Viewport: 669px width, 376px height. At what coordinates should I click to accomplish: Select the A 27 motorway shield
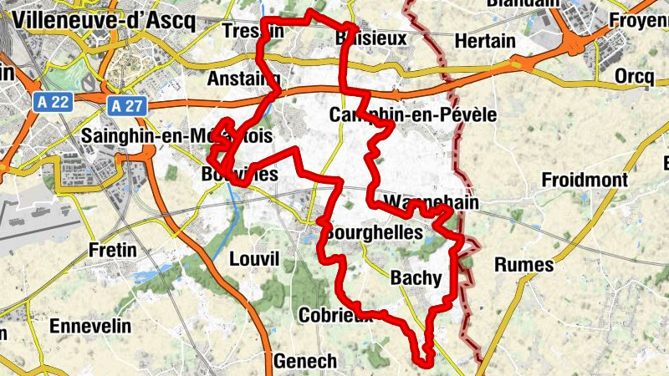[123, 104]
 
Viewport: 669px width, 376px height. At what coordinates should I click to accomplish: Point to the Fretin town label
[113, 249]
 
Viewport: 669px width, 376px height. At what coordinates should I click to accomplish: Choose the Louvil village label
[253, 258]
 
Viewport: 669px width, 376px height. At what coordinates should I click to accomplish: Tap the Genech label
[305, 361]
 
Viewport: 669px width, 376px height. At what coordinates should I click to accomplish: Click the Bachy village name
[416, 281]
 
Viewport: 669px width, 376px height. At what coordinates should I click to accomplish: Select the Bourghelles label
[375, 233]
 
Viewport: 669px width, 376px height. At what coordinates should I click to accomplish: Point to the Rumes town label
[524, 265]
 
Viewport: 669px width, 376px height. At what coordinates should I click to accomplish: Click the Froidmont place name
[585, 180]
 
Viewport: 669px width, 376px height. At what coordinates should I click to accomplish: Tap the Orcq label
[634, 76]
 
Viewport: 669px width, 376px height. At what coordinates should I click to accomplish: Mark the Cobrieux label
[334, 315]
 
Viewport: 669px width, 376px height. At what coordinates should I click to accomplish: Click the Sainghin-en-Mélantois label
[176, 135]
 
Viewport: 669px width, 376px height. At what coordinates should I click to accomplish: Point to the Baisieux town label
[370, 38]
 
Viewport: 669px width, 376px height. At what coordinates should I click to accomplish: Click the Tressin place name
[253, 31]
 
